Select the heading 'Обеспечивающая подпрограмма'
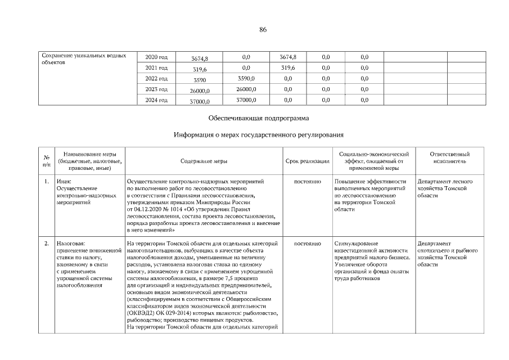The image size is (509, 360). pos(258,119)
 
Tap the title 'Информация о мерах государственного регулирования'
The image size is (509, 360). pos(259,135)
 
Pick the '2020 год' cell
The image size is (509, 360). pos(156,57)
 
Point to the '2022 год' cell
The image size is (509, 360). pos(156,79)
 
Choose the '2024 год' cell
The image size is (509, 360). pos(156,100)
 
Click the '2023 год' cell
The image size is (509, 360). pos(156,89)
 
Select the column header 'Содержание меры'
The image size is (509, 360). pos(204,161)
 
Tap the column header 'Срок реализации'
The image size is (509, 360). pos(308,161)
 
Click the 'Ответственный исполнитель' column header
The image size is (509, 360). pos(449,157)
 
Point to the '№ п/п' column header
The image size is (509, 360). pos(46,161)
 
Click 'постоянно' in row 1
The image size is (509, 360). pos(308,182)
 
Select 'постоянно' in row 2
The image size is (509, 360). pos(308,244)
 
